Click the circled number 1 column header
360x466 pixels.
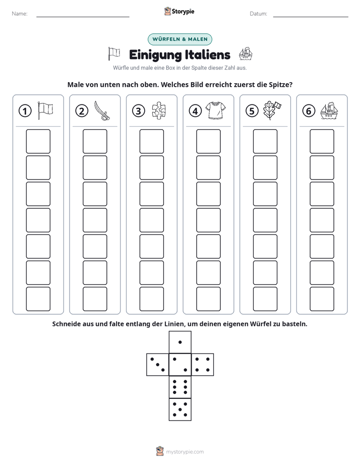(x=25, y=111)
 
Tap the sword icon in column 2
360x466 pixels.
(x=101, y=111)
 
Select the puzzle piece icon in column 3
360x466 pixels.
(x=159, y=111)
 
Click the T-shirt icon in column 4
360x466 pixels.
(x=215, y=110)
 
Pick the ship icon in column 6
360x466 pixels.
(x=329, y=111)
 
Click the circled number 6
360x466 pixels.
(x=309, y=111)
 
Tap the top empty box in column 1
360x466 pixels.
(x=38, y=141)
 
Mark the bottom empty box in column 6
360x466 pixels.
(x=322, y=299)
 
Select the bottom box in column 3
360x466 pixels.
(x=151, y=299)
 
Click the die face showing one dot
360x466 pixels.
(x=180, y=342)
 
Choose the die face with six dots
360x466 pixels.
(x=180, y=387)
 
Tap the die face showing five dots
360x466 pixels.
(x=180, y=410)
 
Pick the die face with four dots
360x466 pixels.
(x=203, y=365)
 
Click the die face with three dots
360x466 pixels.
(x=157, y=365)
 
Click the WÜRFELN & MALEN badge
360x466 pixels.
(x=180, y=39)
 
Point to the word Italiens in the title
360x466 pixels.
(x=207, y=55)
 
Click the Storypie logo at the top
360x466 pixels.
(x=179, y=12)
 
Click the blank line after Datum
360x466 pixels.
(x=311, y=17)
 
